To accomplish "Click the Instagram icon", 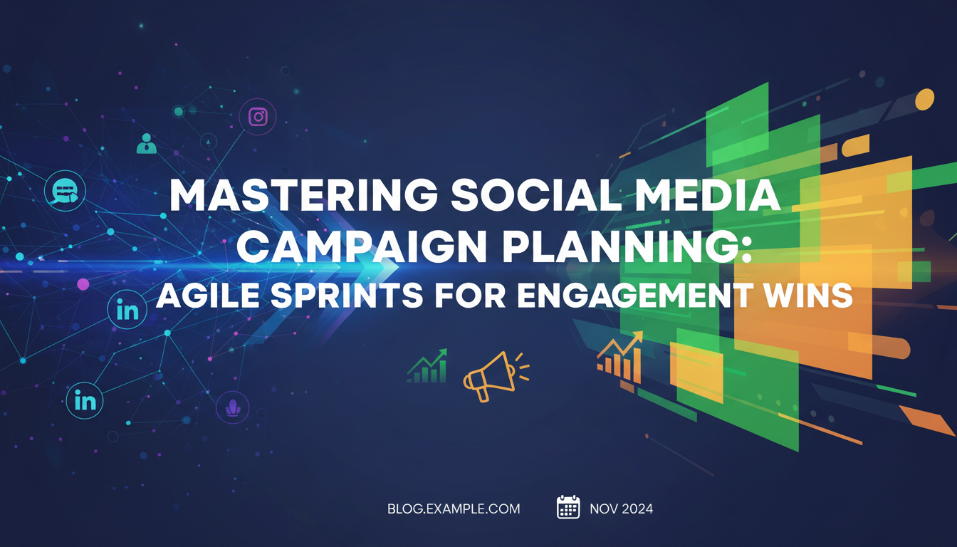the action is (258, 117).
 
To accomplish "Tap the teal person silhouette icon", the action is (146, 144).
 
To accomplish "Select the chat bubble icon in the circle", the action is (65, 191).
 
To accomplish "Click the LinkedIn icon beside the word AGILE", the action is (127, 309).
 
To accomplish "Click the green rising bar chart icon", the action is (427, 366).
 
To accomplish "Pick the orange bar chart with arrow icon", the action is (620, 358).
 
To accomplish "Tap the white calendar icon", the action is (568, 507).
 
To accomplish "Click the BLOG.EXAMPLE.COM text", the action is (454, 509).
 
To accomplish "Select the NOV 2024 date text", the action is (621, 509).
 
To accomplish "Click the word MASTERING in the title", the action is (304, 195).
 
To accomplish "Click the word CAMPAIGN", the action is (362, 246).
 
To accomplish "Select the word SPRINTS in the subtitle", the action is (347, 296).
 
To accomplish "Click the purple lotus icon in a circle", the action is (232, 407).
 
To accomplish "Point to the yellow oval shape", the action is (925, 100).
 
